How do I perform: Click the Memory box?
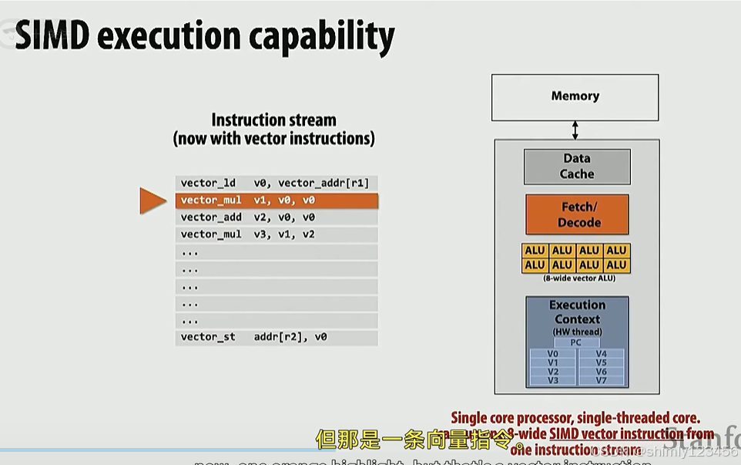pyautogui.click(x=575, y=97)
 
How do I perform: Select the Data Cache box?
pyautogui.click(x=577, y=167)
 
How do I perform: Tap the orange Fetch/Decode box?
pyautogui.click(x=578, y=214)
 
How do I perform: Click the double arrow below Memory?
pyautogui.click(x=575, y=130)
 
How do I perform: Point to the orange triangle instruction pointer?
pyautogui.click(x=152, y=200)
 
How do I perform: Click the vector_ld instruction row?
pyautogui.click(x=276, y=184)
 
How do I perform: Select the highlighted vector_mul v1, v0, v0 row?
pyautogui.click(x=276, y=200)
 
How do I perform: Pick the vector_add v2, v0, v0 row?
pyautogui.click(x=276, y=217)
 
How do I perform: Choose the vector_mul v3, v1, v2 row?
pyautogui.click(x=276, y=234)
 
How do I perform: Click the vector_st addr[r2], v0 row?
pyautogui.click(x=276, y=337)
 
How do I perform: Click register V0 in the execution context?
pyautogui.click(x=552, y=354)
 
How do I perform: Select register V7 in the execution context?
pyautogui.click(x=602, y=380)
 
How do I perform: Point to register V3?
pyautogui.click(x=552, y=380)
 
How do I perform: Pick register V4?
pyautogui.click(x=602, y=354)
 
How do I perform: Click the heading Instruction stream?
pyautogui.click(x=274, y=120)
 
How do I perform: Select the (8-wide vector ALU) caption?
pyautogui.click(x=576, y=278)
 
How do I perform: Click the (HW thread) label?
pyautogui.click(x=577, y=332)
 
